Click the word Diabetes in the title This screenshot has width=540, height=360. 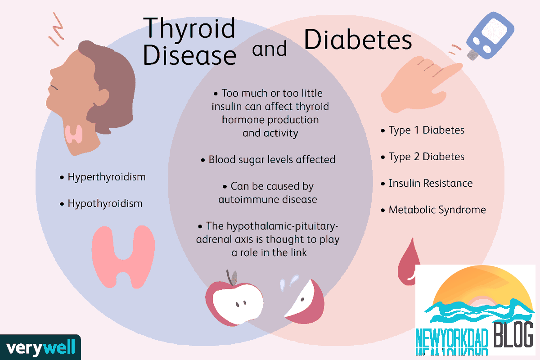click(358, 40)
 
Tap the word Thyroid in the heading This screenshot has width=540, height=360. click(189, 28)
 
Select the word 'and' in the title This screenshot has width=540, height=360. click(270, 49)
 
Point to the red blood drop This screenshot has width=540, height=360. click(407, 263)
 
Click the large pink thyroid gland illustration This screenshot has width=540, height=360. click(123, 257)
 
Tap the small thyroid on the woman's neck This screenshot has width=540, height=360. click(74, 134)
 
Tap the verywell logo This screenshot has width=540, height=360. click(40, 347)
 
